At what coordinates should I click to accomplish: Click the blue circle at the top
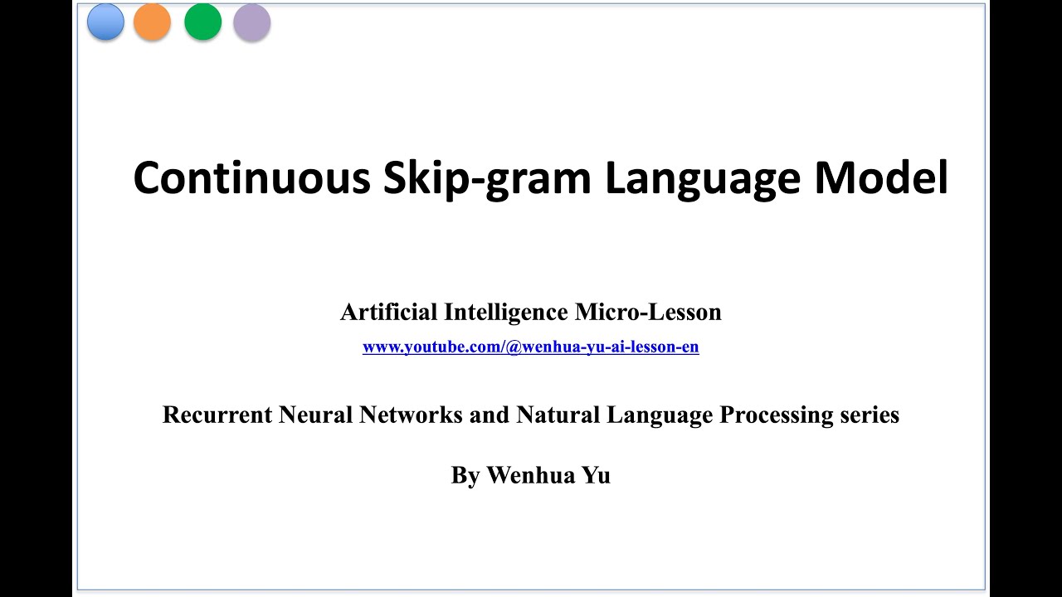tap(105, 22)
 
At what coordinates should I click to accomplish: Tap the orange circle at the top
tap(152, 22)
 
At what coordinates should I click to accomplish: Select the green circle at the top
tap(202, 22)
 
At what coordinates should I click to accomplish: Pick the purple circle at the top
tap(252, 22)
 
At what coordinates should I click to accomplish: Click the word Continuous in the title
tap(251, 177)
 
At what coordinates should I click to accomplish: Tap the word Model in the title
tap(881, 177)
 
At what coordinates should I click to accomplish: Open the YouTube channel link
tap(531, 347)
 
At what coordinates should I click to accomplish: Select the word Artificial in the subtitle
tap(388, 313)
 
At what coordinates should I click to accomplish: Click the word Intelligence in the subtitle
tap(505, 313)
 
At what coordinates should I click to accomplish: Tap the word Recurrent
tap(217, 415)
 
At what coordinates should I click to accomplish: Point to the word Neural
tap(315, 415)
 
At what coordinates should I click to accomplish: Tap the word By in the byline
tap(465, 476)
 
